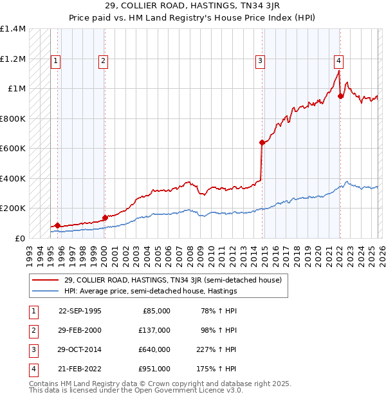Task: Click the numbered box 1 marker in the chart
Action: (56, 61)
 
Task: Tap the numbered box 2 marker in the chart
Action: (103, 61)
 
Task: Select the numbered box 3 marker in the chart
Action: (260, 61)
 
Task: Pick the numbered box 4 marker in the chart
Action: (338, 61)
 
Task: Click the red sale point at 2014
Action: (262, 143)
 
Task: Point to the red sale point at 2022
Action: (341, 97)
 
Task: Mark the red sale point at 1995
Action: (58, 225)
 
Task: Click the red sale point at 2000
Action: (104, 218)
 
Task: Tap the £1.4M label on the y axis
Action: (13, 29)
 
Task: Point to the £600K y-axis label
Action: (13, 149)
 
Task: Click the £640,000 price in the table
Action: (154, 349)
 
